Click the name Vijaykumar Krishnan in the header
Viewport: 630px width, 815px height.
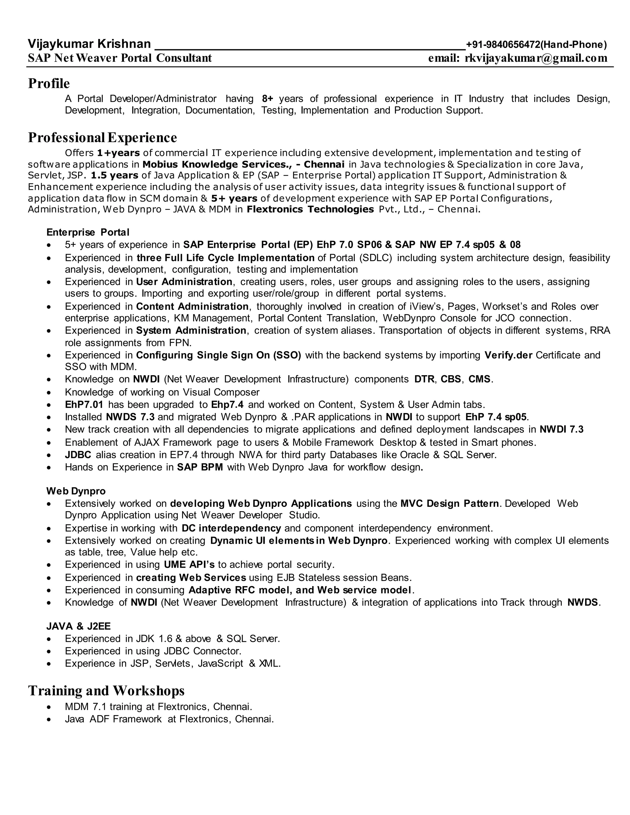[89, 44]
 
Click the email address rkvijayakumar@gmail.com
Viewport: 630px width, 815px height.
[536, 58]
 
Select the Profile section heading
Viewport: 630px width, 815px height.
[49, 83]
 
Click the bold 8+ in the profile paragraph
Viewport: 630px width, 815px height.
[268, 99]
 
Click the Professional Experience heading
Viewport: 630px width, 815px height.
[102, 137]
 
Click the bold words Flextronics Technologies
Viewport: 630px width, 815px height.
[310, 209]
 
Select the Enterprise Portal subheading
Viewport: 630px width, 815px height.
[88, 232]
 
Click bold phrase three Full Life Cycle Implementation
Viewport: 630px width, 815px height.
[225, 258]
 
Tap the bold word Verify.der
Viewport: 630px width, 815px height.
[508, 355]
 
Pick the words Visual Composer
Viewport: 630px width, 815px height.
[221, 392]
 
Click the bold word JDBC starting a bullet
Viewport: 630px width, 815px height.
[78, 455]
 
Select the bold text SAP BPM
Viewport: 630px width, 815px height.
[200, 467]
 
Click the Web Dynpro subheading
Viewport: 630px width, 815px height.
[76, 491]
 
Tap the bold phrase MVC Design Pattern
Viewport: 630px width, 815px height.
[449, 503]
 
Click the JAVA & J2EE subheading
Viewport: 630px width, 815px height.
[78, 626]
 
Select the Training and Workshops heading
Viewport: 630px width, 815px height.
[106, 691]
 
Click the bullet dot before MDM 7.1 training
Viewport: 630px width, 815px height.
[49, 707]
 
